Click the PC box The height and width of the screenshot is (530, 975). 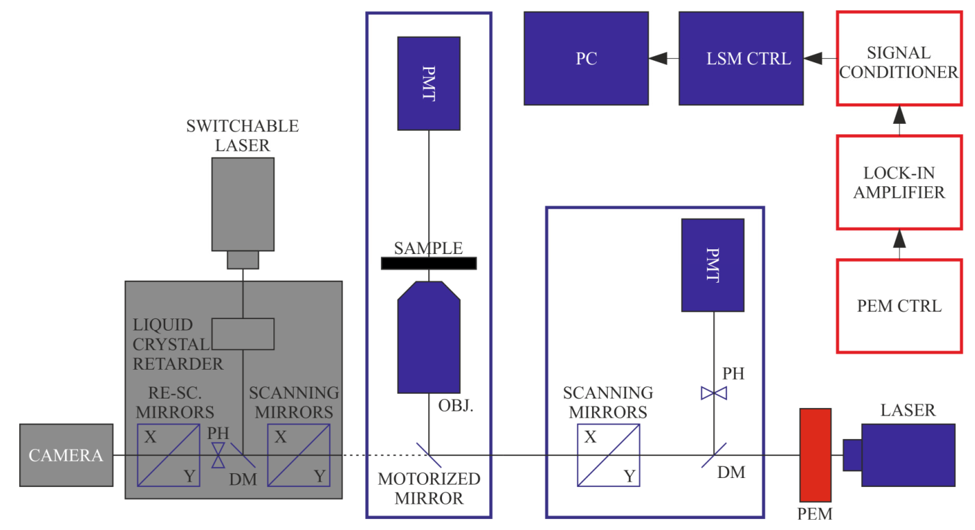click(586, 58)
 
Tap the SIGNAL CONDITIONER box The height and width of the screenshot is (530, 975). click(898, 58)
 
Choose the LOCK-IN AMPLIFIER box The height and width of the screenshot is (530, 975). click(898, 181)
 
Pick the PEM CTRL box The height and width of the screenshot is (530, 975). click(898, 305)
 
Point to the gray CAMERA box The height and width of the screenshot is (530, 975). click(66, 455)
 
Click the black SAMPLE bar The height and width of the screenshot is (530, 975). click(429, 262)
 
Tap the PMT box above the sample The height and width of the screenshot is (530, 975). click(429, 84)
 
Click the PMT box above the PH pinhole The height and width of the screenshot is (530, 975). click(713, 264)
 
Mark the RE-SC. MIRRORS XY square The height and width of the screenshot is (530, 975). click(169, 455)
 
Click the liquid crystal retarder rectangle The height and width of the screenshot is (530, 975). click(243, 333)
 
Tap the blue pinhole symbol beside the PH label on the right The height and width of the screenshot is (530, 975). click(713, 393)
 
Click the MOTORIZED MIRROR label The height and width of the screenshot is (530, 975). click(429, 488)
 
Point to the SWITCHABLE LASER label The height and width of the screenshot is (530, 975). click(243, 136)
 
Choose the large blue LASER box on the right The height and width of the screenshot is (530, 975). click(908, 455)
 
